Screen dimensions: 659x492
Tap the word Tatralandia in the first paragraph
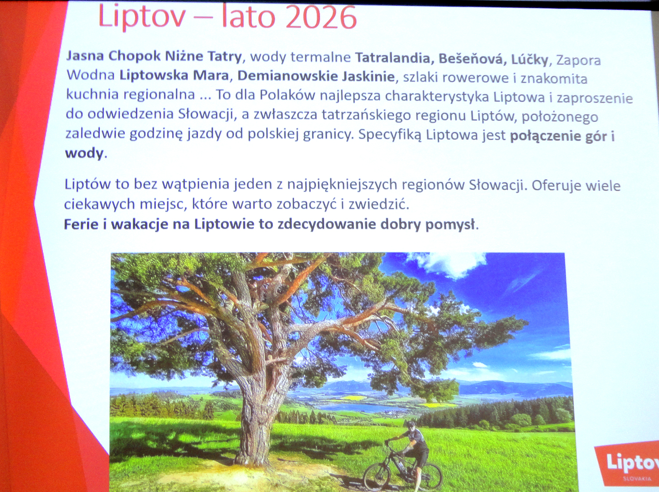394,58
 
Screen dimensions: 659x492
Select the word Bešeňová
471,59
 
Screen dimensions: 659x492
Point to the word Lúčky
530,60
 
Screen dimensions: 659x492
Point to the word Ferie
81,224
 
